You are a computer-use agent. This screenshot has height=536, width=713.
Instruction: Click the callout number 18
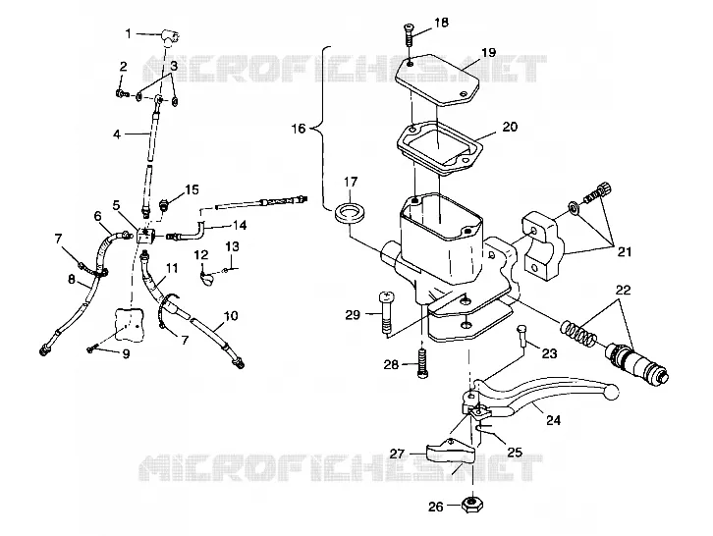coord(441,23)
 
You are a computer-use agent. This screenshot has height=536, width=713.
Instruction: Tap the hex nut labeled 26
coord(472,505)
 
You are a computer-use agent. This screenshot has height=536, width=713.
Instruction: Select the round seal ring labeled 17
coord(350,213)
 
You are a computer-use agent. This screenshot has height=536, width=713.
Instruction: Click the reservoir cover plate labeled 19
coord(437,80)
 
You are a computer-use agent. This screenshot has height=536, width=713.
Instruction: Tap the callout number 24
coord(553,420)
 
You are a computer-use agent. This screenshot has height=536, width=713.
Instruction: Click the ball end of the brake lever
coord(611,391)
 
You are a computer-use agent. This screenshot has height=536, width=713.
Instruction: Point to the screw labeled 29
coord(386,314)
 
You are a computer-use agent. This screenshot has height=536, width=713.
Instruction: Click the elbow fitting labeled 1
coord(170,37)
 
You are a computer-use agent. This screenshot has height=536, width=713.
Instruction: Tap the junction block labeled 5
coord(146,235)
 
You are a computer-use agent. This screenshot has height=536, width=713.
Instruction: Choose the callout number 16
coord(299,129)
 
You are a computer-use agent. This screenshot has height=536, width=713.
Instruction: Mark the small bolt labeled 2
coord(122,93)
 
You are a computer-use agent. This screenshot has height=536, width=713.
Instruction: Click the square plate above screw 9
coord(130,324)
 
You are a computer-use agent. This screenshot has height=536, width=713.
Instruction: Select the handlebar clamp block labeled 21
coord(543,245)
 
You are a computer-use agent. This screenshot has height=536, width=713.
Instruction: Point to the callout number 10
coord(231,315)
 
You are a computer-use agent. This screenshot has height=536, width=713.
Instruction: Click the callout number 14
coord(240,225)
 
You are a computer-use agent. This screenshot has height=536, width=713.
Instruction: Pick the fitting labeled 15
coord(164,204)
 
